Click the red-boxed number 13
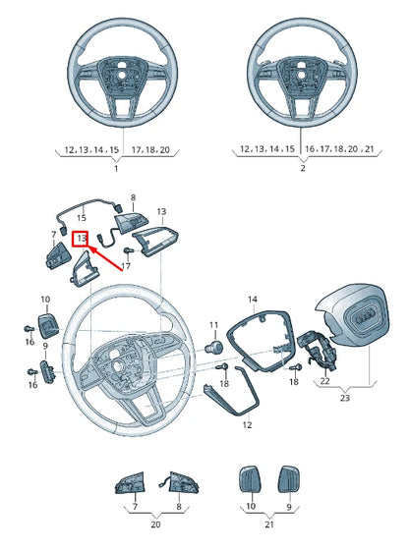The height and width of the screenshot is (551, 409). click(x=81, y=238)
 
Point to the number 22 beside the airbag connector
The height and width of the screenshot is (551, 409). click(x=324, y=380)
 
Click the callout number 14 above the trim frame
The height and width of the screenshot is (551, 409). click(x=252, y=299)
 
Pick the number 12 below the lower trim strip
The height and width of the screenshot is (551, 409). click(x=247, y=425)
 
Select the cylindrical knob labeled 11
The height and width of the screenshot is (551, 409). click(x=212, y=348)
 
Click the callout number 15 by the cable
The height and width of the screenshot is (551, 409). click(x=82, y=216)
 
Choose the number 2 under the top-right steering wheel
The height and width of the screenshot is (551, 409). click(x=302, y=169)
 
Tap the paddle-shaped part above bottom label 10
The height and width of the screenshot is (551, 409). click(x=248, y=480)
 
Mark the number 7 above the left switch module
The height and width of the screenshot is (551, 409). click(x=55, y=234)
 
